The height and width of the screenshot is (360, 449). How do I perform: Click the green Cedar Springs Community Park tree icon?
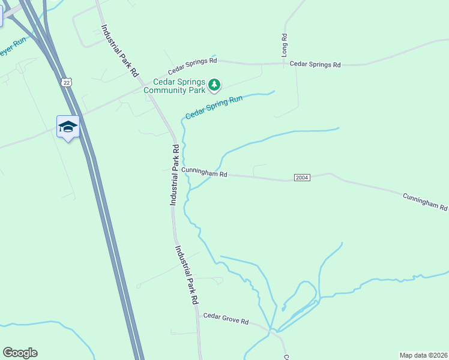tap(214, 86)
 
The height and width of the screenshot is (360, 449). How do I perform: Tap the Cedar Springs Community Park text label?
tap(179, 86)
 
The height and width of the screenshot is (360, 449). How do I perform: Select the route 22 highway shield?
tap(65, 82)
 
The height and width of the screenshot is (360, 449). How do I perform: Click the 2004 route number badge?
tap(302, 178)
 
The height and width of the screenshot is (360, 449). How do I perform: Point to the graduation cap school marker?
tap(68, 127)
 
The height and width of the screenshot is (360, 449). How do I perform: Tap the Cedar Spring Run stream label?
tap(214, 107)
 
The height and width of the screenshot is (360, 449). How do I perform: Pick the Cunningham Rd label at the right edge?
tap(425, 202)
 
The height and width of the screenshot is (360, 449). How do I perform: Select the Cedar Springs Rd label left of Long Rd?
tap(192, 61)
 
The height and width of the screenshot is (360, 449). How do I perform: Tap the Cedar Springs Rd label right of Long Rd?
tap(315, 64)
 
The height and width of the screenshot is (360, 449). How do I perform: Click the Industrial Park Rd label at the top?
tap(120, 50)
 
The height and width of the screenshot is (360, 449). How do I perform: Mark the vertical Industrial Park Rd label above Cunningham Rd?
tap(173, 175)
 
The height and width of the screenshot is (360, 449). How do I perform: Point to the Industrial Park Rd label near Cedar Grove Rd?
tap(187, 275)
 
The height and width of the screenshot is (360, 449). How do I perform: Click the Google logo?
tap(20, 353)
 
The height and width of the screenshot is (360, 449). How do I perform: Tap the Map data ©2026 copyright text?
tap(423, 355)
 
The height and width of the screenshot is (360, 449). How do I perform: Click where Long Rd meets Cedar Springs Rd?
tap(285, 63)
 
